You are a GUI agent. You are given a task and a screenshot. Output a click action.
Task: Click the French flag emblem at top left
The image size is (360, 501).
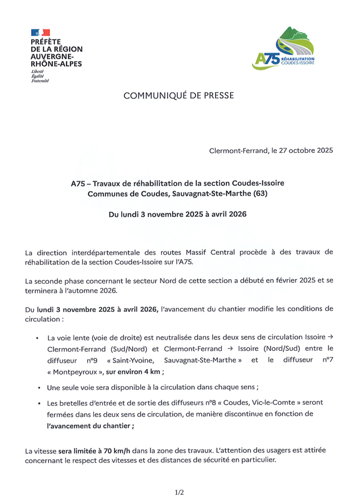pyautogui.click(x=41, y=32)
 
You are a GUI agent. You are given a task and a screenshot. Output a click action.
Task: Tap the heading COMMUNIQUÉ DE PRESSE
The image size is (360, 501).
pyautogui.click(x=178, y=96)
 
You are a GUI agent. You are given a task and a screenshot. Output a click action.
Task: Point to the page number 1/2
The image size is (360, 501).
pyautogui.click(x=179, y=492)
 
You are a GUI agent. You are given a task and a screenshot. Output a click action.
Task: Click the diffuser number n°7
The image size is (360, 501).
pyautogui.click(x=327, y=360)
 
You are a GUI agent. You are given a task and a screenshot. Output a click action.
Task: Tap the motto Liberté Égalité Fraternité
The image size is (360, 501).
pyautogui.click(x=40, y=77)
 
